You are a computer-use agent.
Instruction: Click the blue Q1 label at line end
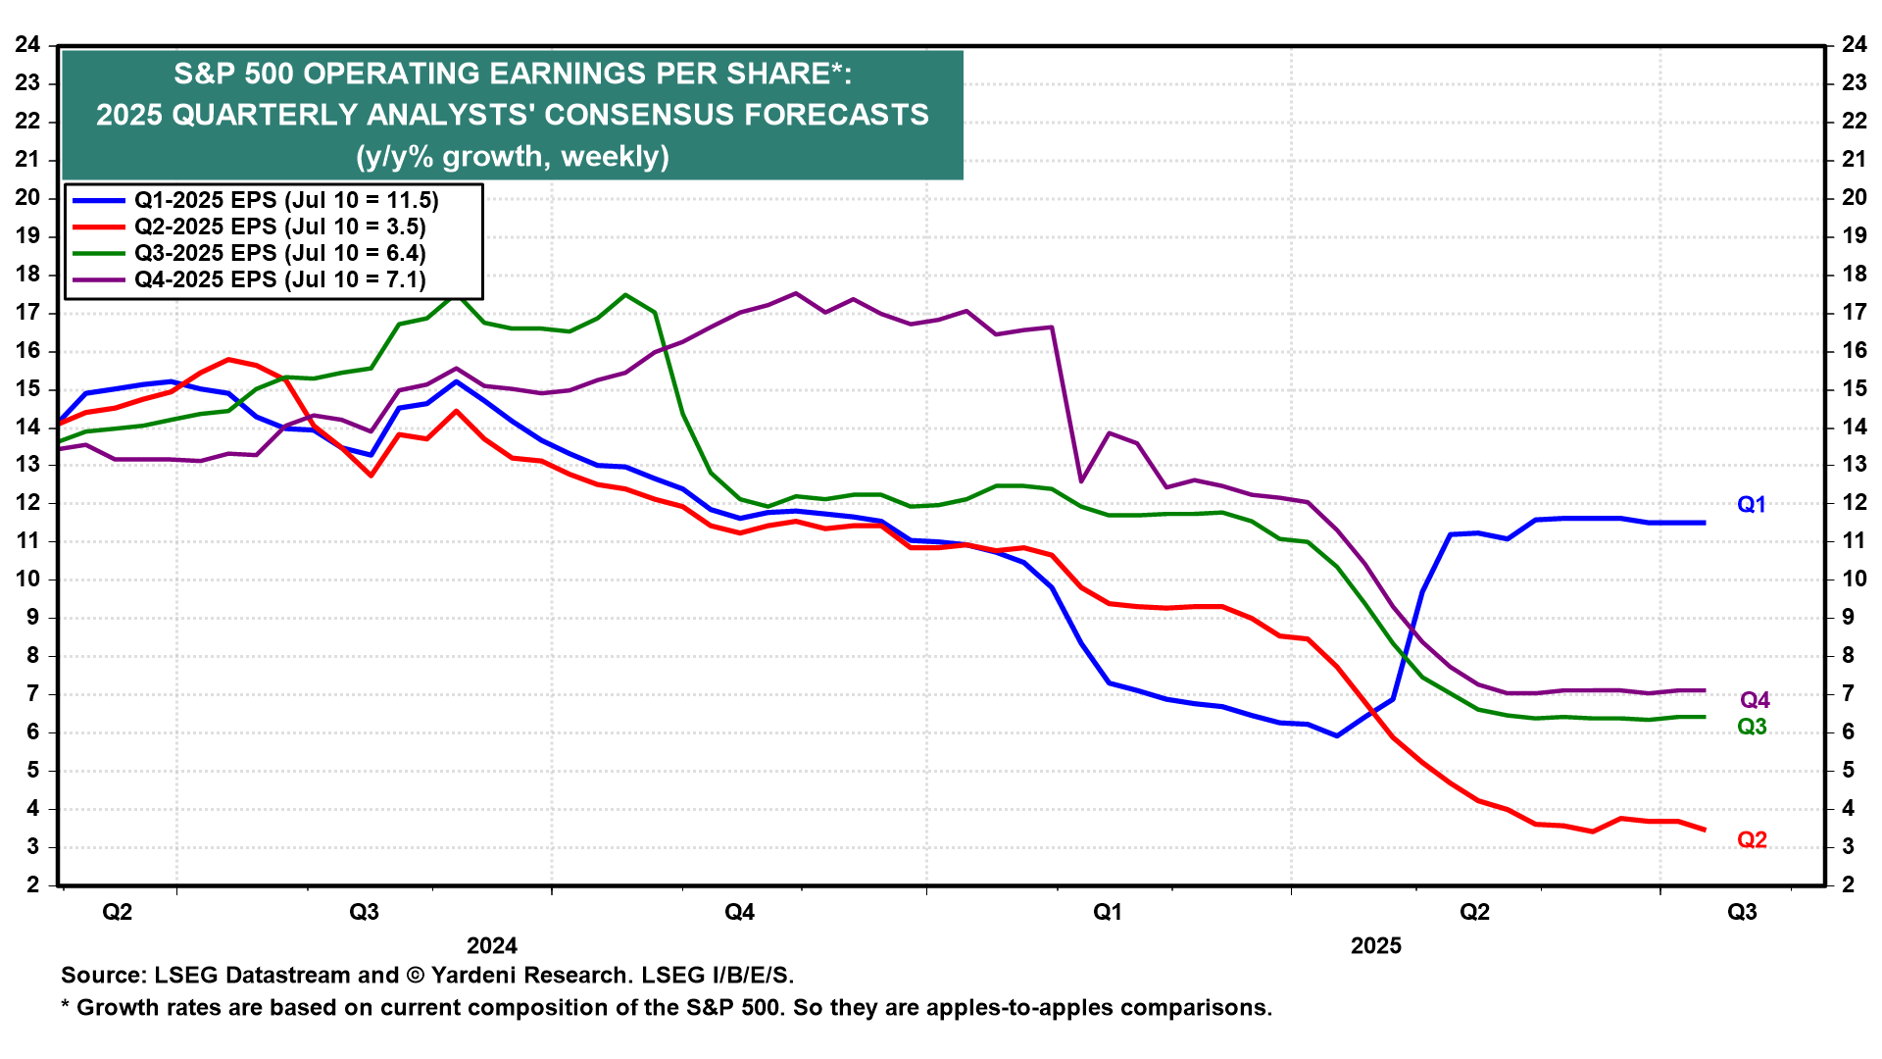[1751, 505]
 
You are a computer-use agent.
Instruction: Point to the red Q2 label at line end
[1752, 840]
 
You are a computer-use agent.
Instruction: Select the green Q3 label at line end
[1752, 727]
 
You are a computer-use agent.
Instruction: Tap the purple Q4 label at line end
[1755, 700]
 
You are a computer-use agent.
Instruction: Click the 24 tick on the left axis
[27, 44]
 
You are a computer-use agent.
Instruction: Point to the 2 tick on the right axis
[1854, 885]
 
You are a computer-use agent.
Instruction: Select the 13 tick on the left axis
[27, 465]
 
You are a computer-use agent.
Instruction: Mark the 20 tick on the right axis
[1854, 197]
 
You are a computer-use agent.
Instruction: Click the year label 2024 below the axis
[492, 946]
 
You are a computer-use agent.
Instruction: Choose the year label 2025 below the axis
[1376, 946]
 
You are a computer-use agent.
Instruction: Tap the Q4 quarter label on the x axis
[739, 913]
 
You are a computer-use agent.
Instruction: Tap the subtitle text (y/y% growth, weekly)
[513, 157]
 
